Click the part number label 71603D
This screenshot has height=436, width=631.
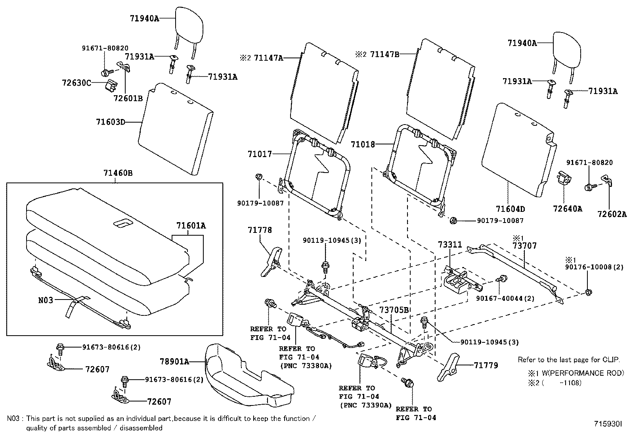(110, 122)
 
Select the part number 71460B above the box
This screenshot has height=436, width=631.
(118, 173)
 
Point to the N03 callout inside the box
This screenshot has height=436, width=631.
(46, 300)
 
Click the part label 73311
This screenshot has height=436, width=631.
(450, 244)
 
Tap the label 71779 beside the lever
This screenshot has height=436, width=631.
(485, 365)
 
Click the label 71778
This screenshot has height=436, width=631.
(260, 230)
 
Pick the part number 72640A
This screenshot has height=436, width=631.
(568, 209)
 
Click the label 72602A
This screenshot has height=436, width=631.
(612, 214)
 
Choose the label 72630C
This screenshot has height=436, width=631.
(76, 83)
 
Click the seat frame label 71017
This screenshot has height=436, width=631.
(260, 154)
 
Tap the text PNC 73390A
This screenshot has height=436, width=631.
(365, 405)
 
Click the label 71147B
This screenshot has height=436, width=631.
(384, 54)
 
